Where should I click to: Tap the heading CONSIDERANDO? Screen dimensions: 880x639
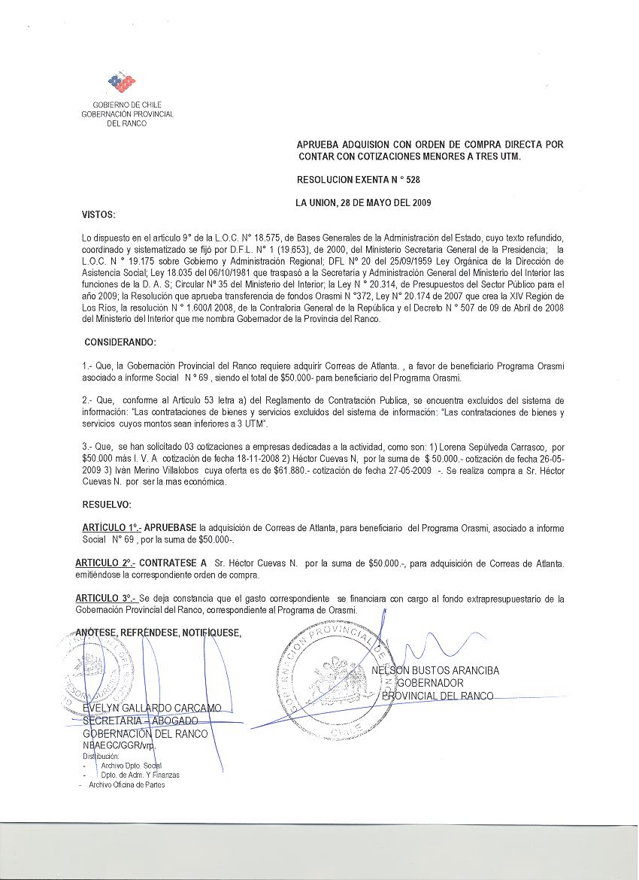[x=120, y=343]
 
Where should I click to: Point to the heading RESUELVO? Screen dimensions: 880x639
[x=107, y=504]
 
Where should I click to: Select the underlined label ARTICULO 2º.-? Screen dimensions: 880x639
[x=104, y=563]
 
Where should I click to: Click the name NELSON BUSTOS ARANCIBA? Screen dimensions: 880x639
[x=436, y=671]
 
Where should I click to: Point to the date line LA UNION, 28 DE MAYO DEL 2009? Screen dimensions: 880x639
[x=363, y=202]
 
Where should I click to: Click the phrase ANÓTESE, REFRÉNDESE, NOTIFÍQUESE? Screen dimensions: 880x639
[x=159, y=633]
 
